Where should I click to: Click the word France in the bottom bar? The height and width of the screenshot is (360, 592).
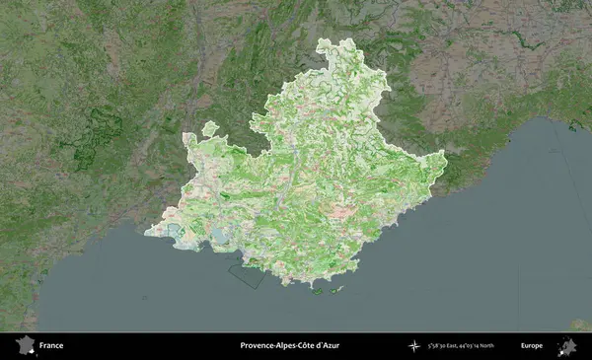(51, 346)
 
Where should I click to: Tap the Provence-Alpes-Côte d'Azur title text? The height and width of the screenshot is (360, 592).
(289, 346)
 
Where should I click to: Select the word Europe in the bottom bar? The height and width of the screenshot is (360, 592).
(532, 346)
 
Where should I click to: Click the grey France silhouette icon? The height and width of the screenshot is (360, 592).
(24, 346)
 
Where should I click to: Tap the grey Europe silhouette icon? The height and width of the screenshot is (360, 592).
(567, 346)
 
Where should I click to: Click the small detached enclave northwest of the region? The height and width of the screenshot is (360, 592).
(209, 128)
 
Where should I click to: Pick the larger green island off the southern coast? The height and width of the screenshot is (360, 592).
(318, 290)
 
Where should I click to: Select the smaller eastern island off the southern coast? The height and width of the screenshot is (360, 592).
(341, 289)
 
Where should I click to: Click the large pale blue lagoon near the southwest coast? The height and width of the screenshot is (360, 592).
(211, 240)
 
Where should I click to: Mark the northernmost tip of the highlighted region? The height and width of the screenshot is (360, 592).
(327, 40)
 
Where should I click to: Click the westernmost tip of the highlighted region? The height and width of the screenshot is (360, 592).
(145, 233)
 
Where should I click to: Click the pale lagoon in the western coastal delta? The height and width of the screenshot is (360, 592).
(176, 232)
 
